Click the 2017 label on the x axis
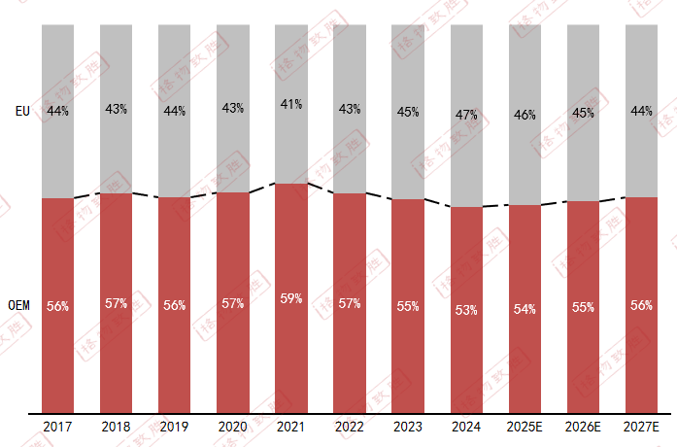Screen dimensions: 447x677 tap(57, 428)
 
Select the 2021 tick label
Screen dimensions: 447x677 tap(291, 428)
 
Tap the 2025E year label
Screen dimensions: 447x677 tap(525, 428)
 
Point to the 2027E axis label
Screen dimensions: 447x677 tap(641, 428)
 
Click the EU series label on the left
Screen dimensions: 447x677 tap(22, 111)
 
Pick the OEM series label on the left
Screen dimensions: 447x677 tap(18, 305)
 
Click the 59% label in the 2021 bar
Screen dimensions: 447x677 tap(291, 299)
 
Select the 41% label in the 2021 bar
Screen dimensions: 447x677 tap(291, 104)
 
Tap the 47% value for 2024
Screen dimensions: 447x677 tap(466, 115)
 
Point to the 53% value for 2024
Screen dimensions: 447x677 tap(466, 310)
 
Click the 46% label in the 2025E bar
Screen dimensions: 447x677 tap(525, 115)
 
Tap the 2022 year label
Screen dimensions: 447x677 tap(350, 428)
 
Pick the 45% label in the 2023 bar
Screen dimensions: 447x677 tap(408, 112)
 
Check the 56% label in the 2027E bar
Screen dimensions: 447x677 tap(641, 305)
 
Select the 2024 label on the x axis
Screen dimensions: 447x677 tap(466, 428)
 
